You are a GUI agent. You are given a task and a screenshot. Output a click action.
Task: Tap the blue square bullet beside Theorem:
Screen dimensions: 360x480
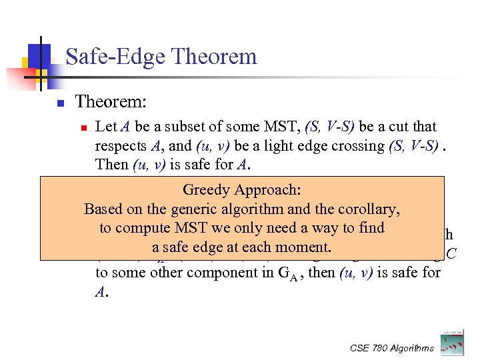click(59, 103)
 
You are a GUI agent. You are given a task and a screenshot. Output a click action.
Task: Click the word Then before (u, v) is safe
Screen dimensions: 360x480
click(111, 164)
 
